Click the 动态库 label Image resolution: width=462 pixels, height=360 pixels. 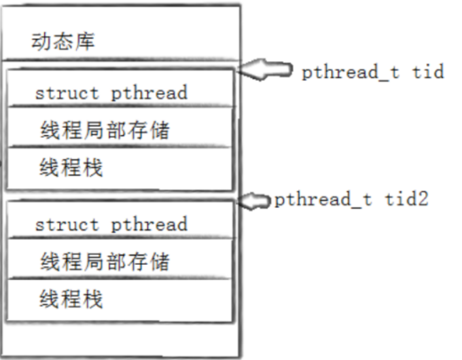(63, 42)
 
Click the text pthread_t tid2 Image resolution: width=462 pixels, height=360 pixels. (351, 200)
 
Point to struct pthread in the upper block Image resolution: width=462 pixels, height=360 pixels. (111, 93)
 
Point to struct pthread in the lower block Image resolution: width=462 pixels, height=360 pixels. (111, 223)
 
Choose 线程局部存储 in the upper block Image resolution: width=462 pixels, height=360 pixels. (104, 130)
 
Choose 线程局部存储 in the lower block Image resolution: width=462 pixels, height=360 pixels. (104, 262)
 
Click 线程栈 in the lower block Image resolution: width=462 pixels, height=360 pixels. (71, 299)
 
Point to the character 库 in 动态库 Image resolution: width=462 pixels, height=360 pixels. (85, 42)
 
